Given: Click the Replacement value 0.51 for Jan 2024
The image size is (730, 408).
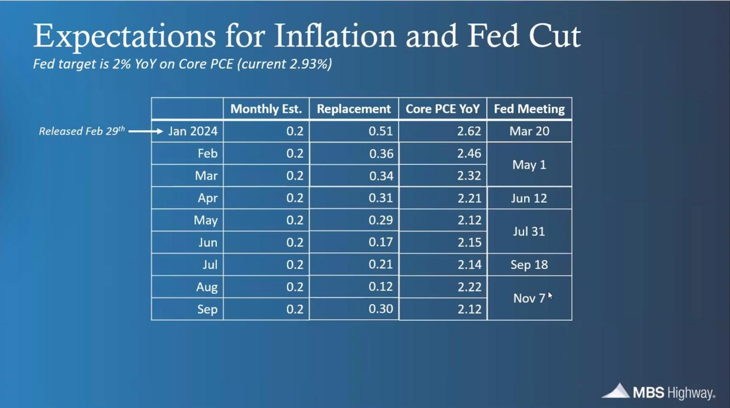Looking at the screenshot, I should [x=380, y=131].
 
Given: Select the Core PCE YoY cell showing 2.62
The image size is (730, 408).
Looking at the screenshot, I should [x=469, y=131].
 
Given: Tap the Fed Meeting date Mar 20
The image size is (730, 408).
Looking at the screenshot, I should [x=529, y=131].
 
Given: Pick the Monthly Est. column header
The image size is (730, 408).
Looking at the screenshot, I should [x=266, y=109].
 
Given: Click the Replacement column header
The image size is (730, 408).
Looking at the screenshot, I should [x=354, y=109].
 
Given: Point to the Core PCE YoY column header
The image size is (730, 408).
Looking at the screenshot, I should [x=442, y=109].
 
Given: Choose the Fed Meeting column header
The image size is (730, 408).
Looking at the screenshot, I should [x=529, y=109].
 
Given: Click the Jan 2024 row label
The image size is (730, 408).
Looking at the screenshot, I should [x=193, y=131].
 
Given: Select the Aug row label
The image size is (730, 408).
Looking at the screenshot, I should [x=207, y=287].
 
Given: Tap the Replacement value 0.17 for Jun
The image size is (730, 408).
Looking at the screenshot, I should [x=380, y=242].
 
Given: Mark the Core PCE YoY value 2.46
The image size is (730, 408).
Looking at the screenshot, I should [x=469, y=154].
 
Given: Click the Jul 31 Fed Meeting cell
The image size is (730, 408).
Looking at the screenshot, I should [x=529, y=232].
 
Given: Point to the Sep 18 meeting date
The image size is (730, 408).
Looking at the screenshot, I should [x=529, y=265].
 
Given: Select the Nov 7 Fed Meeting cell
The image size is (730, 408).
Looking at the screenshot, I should [x=529, y=298].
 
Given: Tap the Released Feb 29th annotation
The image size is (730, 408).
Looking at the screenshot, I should [x=82, y=131].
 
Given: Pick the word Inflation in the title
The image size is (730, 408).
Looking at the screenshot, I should [x=333, y=37].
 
